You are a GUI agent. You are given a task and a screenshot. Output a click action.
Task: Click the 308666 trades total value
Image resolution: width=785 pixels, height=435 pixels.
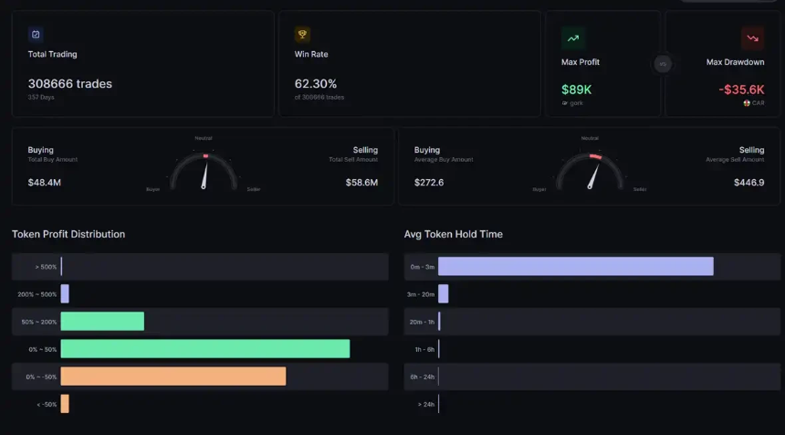click(x=69, y=84)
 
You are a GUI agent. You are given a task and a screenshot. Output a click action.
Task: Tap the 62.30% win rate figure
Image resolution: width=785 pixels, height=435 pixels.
click(x=316, y=84)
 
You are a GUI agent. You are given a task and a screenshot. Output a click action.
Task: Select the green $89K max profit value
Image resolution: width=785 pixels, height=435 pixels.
click(x=576, y=90)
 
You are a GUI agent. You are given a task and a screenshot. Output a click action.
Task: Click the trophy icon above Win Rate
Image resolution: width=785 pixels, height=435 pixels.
click(x=302, y=35)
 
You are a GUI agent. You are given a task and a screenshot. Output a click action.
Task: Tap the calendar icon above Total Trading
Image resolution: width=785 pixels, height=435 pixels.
click(x=36, y=35)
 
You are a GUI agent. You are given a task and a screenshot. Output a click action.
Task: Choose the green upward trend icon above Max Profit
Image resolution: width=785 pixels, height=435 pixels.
click(x=572, y=38)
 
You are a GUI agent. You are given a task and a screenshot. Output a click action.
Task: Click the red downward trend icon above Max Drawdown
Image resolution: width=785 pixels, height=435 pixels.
click(x=752, y=38)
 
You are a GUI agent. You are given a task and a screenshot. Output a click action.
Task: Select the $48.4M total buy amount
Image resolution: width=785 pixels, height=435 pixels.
click(x=45, y=183)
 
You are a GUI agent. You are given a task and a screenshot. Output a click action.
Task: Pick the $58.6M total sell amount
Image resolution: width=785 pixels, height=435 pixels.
click(x=361, y=183)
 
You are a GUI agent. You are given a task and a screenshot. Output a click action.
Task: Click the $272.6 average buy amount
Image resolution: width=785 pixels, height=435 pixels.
click(x=429, y=183)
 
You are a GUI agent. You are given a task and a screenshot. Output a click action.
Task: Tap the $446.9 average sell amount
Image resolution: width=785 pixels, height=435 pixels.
click(x=748, y=183)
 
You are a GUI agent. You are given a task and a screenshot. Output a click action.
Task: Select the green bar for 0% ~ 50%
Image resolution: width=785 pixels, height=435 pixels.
click(x=205, y=349)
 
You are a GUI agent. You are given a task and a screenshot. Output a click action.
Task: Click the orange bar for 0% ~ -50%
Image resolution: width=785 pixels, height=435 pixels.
click(x=173, y=377)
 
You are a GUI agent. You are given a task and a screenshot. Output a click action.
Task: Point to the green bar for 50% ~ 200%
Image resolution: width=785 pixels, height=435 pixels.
click(x=102, y=322)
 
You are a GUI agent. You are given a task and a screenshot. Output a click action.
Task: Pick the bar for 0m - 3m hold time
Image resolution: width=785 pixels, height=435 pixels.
click(x=575, y=267)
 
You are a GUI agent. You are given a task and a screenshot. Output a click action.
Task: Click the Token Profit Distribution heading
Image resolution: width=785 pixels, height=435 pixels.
click(x=68, y=235)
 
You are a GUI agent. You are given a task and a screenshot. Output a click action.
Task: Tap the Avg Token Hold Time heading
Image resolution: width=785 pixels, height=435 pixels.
click(x=454, y=235)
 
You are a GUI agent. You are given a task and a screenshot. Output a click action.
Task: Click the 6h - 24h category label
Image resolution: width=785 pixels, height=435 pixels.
click(x=422, y=377)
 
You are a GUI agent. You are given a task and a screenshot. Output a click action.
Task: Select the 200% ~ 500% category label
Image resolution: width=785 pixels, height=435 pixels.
click(x=37, y=294)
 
